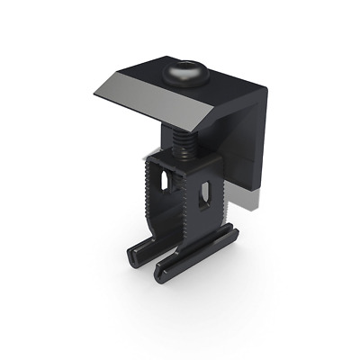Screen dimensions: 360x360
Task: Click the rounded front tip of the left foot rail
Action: pyautogui.click(x=135, y=259)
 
